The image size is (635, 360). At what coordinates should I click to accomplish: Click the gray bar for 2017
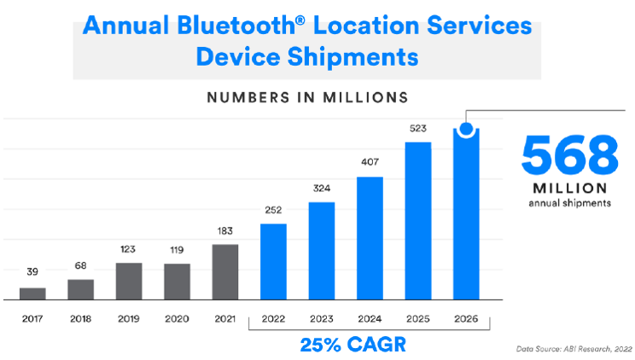[x=32, y=293]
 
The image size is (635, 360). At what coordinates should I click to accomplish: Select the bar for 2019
[x=129, y=281]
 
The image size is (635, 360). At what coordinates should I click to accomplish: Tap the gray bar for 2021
[x=225, y=272]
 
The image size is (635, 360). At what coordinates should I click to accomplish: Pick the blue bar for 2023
[x=322, y=251]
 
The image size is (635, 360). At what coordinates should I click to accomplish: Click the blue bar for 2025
[x=418, y=221]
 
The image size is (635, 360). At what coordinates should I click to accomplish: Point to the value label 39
[x=32, y=272]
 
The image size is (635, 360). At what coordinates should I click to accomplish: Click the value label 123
[x=128, y=249]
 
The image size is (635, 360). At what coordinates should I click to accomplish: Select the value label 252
[x=273, y=210]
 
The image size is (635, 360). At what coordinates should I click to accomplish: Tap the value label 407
[x=370, y=162]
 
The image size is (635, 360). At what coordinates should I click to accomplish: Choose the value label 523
[x=418, y=128]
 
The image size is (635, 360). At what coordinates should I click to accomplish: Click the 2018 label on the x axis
[x=80, y=319]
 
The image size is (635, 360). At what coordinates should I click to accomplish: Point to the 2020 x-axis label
[x=177, y=319]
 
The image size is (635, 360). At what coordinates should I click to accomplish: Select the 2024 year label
[x=370, y=319]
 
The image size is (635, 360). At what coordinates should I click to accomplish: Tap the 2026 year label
[x=466, y=319]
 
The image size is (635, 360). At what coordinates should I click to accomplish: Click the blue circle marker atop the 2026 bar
[x=467, y=129]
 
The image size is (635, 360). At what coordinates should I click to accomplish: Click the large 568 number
[x=570, y=156]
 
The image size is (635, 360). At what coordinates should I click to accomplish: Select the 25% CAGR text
[x=353, y=345]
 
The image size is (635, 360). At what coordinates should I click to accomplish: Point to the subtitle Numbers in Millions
[x=307, y=97]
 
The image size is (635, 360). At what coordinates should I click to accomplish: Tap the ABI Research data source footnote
[x=574, y=349]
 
